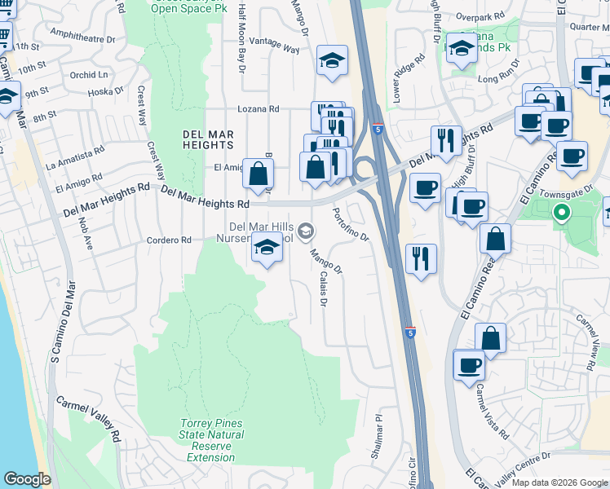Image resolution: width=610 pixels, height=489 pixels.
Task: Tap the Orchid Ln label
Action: (x=89, y=75)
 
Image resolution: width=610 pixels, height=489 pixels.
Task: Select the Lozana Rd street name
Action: (x=258, y=109)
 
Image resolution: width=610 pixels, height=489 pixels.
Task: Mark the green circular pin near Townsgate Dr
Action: (x=561, y=214)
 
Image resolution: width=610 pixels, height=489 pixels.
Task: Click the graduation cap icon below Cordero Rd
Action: (x=267, y=248)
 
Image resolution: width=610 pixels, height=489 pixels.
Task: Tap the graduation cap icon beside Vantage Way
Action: (x=332, y=61)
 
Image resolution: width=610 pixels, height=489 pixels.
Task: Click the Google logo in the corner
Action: (x=27, y=479)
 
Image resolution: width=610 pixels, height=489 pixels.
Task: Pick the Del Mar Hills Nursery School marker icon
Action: (x=306, y=232)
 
